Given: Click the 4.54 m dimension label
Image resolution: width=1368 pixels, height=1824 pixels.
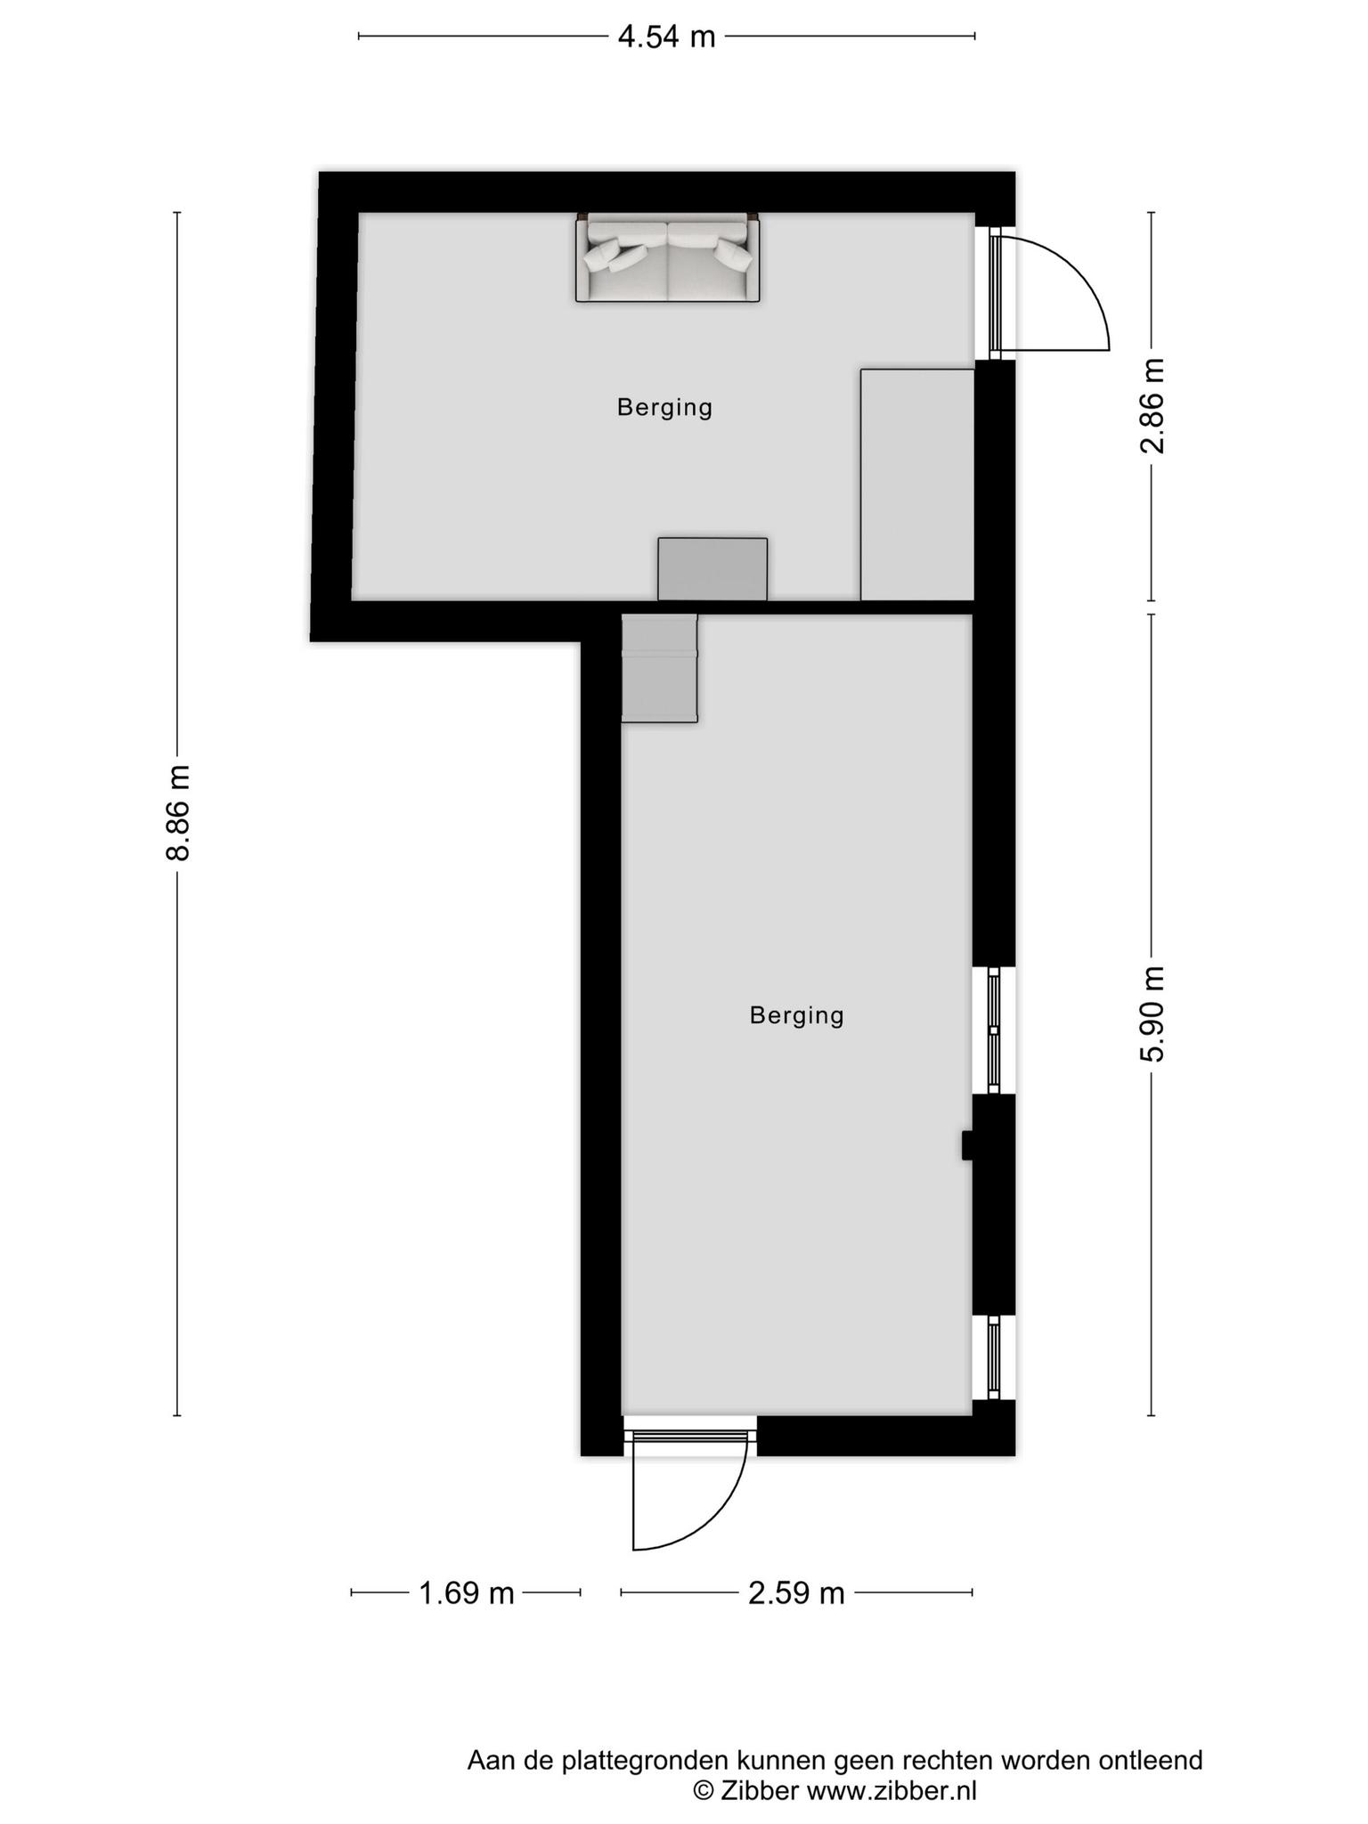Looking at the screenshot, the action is (x=667, y=37).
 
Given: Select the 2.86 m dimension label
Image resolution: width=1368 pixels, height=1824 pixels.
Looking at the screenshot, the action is (x=1152, y=405).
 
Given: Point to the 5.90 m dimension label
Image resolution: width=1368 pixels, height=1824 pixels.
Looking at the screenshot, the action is (x=1152, y=1014).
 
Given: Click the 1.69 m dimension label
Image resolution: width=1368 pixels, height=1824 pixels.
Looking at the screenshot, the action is (x=467, y=1593).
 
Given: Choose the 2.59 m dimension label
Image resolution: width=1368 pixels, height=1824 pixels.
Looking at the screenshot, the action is (x=796, y=1593).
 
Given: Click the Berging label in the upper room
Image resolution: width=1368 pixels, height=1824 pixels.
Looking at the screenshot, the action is (x=665, y=408).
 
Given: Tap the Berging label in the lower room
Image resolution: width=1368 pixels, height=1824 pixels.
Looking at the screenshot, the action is (x=797, y=1015).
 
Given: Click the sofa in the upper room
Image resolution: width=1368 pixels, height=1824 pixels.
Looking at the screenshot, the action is (x=668, y=257).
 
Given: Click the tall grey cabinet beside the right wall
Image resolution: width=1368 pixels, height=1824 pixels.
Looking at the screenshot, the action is (x=917, y=484).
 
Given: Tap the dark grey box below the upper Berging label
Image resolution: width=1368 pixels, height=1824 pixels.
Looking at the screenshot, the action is (x=712, y=569).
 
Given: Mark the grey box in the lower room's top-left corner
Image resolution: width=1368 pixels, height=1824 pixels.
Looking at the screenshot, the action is (x=659, y=668).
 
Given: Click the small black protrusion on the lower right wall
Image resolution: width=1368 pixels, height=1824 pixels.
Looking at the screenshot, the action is (x=967, y=1145).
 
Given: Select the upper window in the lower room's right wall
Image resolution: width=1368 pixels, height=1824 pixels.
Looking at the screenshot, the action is (x=995, y=1030).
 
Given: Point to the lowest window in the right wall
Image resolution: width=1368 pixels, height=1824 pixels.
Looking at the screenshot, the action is (x=995, y=1358).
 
